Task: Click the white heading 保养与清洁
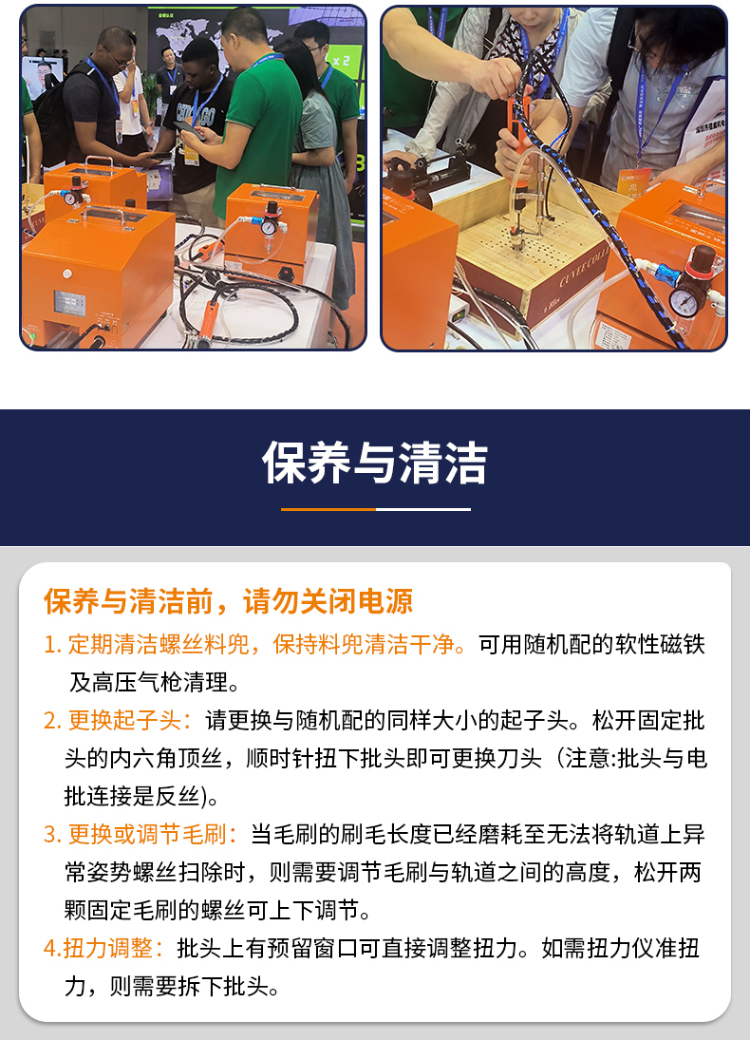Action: click(x=375, y=463)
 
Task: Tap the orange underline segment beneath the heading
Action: click(x=328, y=509)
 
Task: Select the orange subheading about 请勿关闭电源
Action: click(x=228, y=601)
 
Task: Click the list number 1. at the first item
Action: click(x=53, y=645)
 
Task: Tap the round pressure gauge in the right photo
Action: click(x=683, y=302)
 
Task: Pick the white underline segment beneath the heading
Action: click(x=423, y=509)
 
